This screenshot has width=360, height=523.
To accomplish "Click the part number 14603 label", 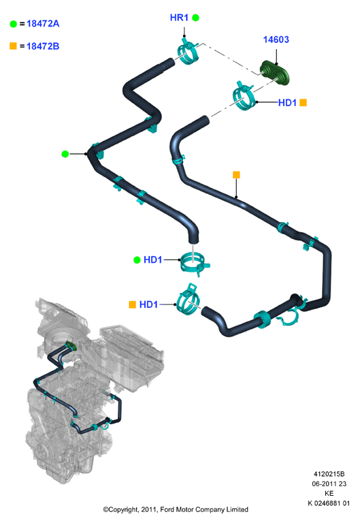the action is coord(276,39).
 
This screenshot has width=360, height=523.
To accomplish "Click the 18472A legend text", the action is coord(43,24).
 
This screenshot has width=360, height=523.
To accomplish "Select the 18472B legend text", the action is coord(43,46).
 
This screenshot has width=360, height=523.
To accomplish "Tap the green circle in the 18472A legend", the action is coord(14,24).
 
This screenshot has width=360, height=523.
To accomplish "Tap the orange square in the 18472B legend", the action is coord(14,46).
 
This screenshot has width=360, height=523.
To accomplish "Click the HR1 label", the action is coord(179,17).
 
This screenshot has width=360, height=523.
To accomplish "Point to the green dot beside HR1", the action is coord(196,18).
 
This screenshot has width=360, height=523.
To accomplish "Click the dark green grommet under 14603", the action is coord(275,72).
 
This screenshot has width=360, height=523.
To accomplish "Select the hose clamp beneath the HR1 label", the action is coord(187,51).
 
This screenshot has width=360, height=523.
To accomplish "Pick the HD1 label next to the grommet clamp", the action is coord(287,103).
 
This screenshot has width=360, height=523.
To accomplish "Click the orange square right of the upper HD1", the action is coord(303,103).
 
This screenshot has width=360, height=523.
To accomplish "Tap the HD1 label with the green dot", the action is coord(152,259).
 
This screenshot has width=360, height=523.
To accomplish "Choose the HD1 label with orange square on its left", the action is coord(148,304).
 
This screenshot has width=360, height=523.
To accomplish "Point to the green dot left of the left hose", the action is coord(65,154).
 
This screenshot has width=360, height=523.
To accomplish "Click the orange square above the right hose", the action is coord(236,175).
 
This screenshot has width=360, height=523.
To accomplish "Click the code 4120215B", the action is coord(329,474).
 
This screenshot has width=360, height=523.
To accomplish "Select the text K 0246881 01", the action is coord(329,503).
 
